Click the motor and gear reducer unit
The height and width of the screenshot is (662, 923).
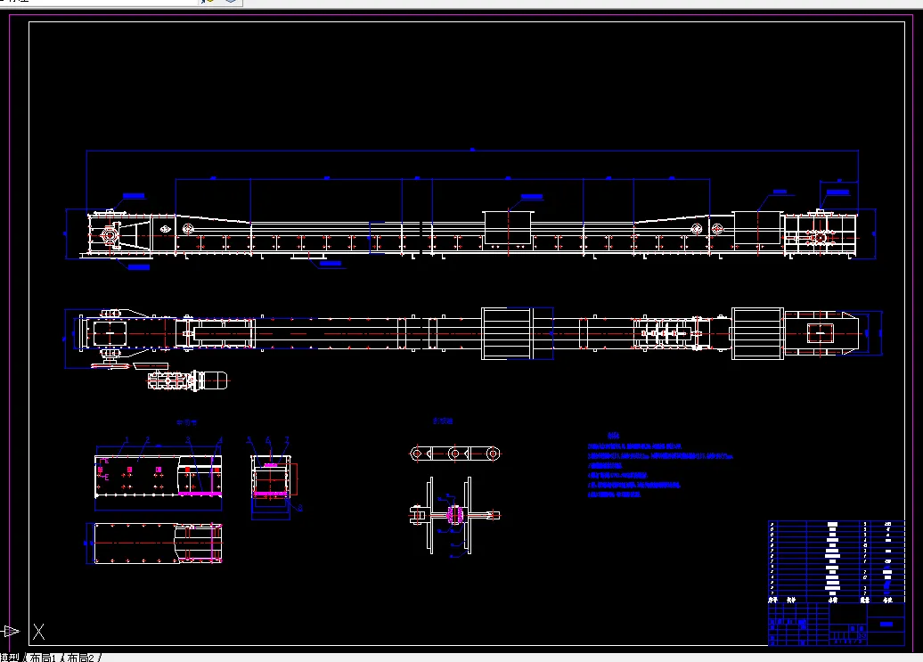188,380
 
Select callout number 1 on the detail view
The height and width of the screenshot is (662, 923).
127,439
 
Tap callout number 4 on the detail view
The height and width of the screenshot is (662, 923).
219,439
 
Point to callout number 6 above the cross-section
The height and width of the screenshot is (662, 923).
269,439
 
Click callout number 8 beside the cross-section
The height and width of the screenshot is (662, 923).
300,508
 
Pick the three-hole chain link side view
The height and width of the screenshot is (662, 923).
455,453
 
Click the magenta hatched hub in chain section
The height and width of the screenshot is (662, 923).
454,516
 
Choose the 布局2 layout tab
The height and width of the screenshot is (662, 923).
82,658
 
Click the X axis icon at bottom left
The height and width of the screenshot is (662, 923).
38,633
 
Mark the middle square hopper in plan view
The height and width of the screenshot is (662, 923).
506,333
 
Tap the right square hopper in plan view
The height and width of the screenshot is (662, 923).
757,333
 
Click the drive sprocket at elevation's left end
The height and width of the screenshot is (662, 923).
110,236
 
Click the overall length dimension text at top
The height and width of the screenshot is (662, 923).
472,150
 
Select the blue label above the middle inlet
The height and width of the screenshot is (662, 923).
532,195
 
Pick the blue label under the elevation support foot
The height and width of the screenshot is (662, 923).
330,263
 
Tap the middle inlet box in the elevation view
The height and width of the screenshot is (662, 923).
507,228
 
